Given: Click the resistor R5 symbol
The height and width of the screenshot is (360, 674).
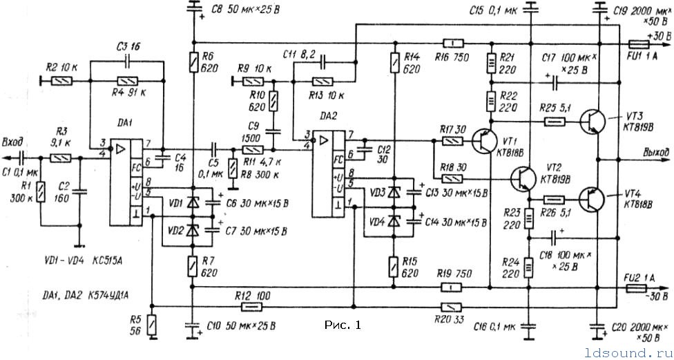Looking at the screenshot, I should coord(151,323).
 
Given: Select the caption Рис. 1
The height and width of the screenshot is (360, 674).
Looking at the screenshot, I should coord(342,324).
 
